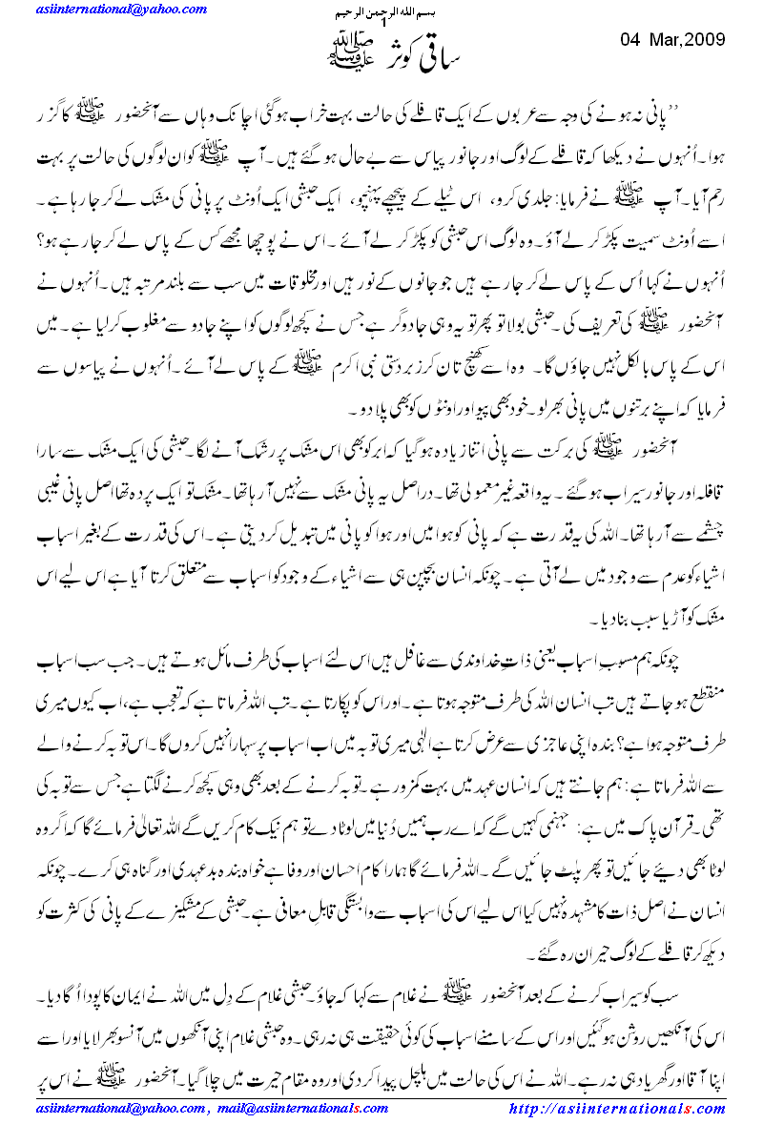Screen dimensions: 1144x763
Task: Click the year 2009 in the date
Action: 706,40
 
